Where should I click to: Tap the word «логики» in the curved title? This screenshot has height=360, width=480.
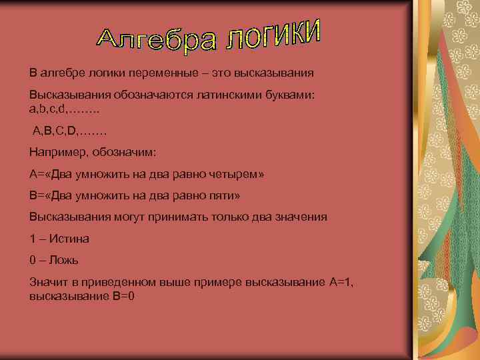point(273,35)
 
